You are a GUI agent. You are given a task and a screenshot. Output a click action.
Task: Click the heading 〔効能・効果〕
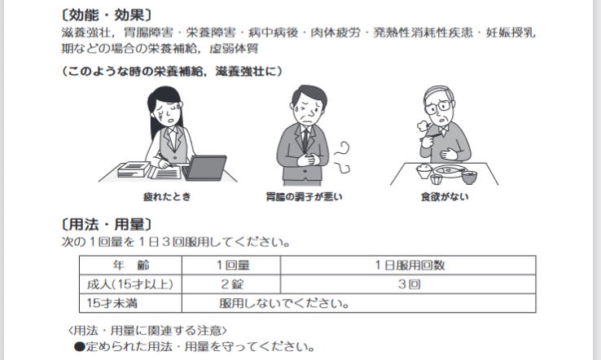[x=107, y=15]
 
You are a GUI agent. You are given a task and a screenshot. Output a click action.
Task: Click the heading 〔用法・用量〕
[x=107, y=224]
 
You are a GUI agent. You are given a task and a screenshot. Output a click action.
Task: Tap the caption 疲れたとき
[x=167, y=196]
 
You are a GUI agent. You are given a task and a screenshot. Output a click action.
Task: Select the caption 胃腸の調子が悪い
[x=304, y=196]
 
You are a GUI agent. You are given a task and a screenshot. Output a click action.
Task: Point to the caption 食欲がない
[x=445, y=196]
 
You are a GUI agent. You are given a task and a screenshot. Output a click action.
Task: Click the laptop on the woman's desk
[x=204, y=168]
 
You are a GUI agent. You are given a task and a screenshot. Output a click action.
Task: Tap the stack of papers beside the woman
[x=134, y=169]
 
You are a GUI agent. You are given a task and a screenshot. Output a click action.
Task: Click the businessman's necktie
[x=305, y=139]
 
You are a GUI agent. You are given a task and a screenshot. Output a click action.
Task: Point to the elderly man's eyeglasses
[x=438, y=107]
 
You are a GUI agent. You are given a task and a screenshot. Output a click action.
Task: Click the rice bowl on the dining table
[x=424, y=170]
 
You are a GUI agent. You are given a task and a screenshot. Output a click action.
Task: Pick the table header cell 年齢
[x=130, y=265]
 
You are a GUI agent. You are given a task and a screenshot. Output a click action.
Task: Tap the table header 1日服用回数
[x=410, y=265]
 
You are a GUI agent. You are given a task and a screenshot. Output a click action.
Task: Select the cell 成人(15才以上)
[x=130, y=284]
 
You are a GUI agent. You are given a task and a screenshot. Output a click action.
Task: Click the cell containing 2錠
[x=232, y=284]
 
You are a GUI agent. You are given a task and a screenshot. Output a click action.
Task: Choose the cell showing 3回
[x=410, y=284]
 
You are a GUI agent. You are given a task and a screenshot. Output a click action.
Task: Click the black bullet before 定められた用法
[x=79, y=347]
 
